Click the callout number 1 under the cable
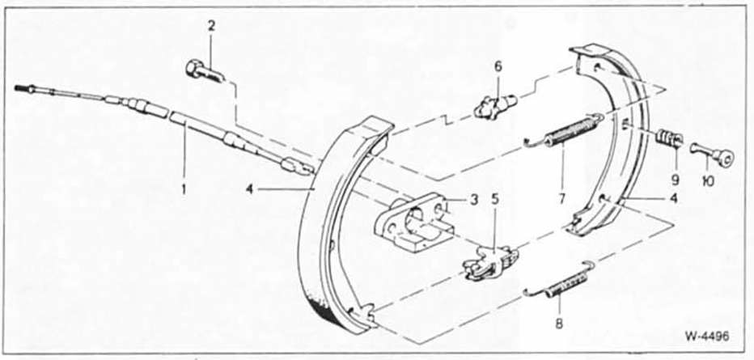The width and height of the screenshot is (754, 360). click(x=183, y=188)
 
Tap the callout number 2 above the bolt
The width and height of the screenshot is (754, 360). click(x=212, y=26)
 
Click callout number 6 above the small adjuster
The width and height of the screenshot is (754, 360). click(x=498, y=67)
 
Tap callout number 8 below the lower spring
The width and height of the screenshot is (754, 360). click(x=558, y=324)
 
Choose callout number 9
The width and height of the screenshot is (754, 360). click(x=676, y=180)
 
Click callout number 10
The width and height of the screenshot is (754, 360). click(x=708, y=181)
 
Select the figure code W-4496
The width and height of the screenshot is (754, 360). click(x=707, y=336)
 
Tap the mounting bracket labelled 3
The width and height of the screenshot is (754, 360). click(x=414, y=222)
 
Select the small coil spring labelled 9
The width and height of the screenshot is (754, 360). click(x=668, y=138)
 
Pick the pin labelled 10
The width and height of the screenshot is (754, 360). click(x=712, y=154)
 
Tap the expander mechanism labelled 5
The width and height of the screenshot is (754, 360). click(x=489, y=262)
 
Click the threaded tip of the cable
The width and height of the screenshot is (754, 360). click(x=21, y=88)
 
